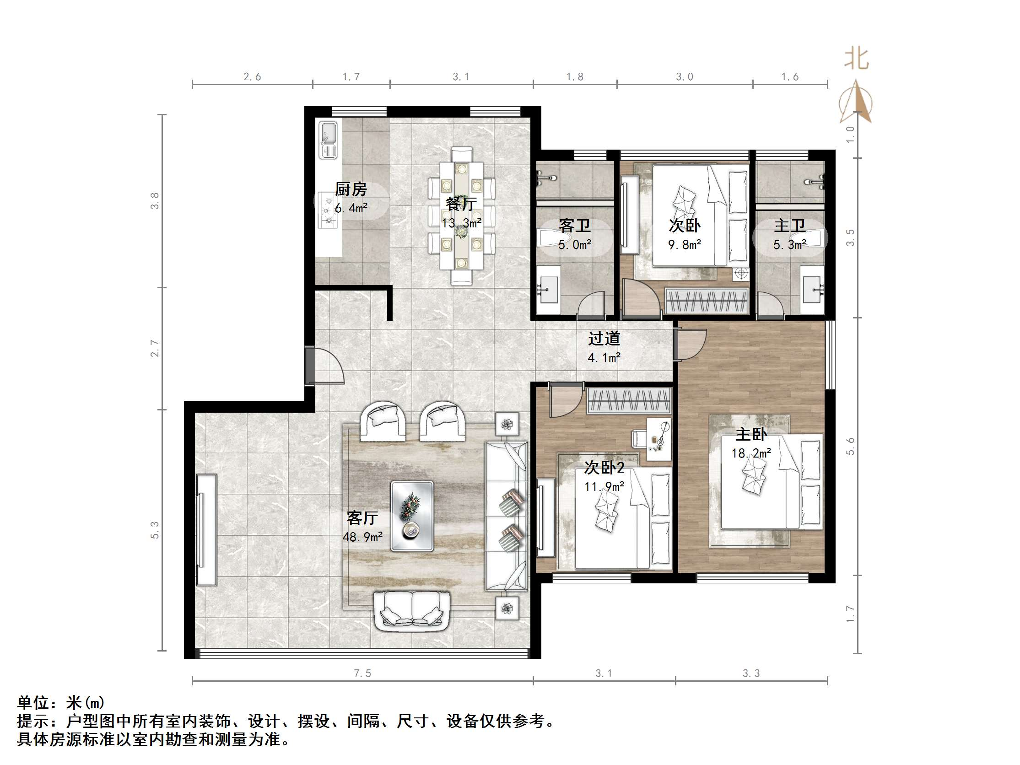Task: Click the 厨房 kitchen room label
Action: [x=351, y=189]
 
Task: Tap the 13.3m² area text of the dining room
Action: [x=462, y=223]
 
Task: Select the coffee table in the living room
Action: [x=412, y=516]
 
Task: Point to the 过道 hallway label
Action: [x=604, y=339]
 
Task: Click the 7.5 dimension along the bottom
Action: [x=362, y=673]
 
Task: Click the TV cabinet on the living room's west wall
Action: [x=206, y=530]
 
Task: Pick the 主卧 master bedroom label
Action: [x=751, y=434]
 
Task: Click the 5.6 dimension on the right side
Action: [x=850, y=446]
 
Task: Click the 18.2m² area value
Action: [x=751, y=453]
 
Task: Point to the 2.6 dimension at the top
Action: [x=252, y=77]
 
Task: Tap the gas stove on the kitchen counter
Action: [x=328, y=212]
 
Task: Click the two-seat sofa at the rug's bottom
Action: [x=412, y=610]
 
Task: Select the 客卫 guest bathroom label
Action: [x=575, y=226]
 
